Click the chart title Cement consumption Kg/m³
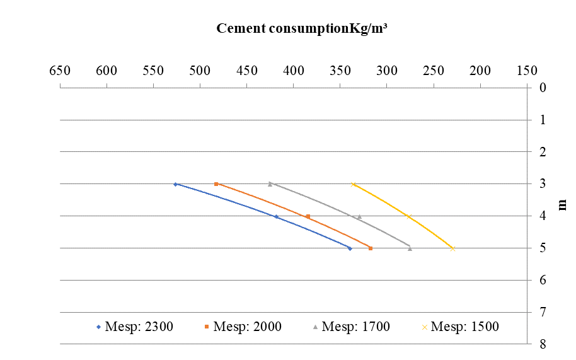point(301,29)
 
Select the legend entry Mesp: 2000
point(242,327)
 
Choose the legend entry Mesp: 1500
point(459,327)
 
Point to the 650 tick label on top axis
point(60,70)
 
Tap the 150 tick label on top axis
point(527,70)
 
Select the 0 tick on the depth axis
point(542,88)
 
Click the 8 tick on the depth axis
point(542,344)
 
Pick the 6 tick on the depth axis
point(542,280)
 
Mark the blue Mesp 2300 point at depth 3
point(175,184)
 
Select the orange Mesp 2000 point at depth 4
point(308,216)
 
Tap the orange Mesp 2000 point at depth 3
point(216,184)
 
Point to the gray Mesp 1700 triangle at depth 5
point(410,248)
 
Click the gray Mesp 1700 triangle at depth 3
point(270,184)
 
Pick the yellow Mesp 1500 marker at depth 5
point(452,248)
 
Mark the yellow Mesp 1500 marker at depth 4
point(408,216)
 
